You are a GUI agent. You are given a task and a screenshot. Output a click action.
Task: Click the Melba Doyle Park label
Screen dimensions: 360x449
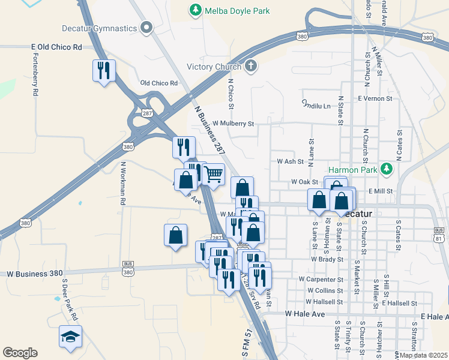[x=237, y=11]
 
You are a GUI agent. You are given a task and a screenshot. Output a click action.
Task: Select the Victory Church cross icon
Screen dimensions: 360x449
[x=251, y=66]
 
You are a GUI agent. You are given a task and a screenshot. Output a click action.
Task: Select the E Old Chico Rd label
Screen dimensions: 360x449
[x=56, y=47]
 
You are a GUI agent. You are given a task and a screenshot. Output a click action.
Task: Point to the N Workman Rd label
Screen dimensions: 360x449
[x=122, y=183]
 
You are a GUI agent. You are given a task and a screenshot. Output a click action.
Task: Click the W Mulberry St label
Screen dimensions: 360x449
[x=232, y=124]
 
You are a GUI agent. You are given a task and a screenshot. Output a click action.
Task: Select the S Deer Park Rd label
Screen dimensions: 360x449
[x=70, y=296]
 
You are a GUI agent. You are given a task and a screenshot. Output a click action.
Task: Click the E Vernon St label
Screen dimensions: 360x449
[x=375, y=98]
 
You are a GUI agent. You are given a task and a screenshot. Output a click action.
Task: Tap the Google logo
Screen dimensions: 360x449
[x=20, y=353]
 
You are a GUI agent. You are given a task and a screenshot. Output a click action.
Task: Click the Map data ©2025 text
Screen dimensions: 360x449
[x=423, y=355]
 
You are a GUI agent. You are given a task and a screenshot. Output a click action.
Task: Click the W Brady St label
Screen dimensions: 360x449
[x=327, y=260]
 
